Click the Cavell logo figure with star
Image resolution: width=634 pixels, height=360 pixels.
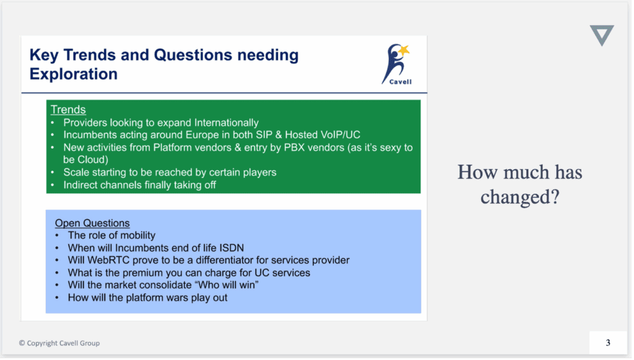coord(397,64)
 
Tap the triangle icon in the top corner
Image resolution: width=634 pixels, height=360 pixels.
coord(602,35)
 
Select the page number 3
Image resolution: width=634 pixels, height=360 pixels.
coord(608,343)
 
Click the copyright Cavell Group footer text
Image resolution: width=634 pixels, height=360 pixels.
coord(59,343)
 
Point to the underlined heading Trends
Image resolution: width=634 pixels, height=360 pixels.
coord(68,110)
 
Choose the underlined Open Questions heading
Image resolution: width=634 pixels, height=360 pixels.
coord(92,223)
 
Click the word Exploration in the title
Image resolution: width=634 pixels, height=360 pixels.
coord(74,74)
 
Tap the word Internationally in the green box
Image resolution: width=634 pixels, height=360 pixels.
coord(227,123)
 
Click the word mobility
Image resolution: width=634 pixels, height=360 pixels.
coord(135,235)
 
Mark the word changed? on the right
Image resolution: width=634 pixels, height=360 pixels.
coord(520,197)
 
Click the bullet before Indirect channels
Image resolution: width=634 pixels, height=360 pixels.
coord(53,185)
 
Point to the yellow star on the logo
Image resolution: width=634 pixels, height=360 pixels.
coord(404,50)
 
